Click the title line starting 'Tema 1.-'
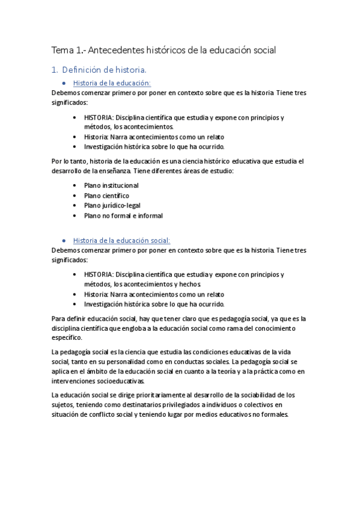[163, 50]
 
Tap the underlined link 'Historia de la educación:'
[112, 83]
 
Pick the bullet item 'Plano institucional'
[111, 186]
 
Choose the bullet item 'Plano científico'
[106, 195]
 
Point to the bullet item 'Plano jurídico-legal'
[112, 205]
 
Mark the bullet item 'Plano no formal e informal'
[123, 215]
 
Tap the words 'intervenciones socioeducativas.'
[99, 381]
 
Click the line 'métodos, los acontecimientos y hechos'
[142, 284]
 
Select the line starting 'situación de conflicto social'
[171, 414]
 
